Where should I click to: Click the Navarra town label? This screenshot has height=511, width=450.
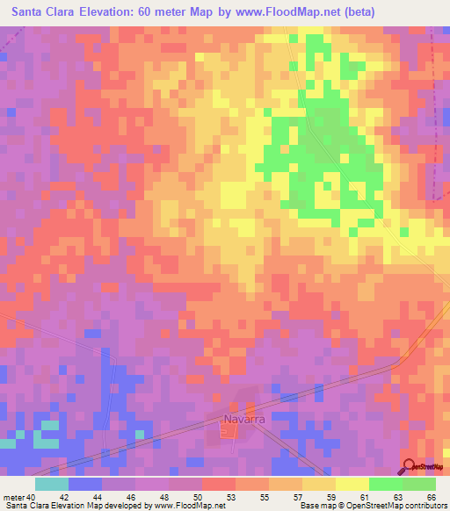pos(244,420)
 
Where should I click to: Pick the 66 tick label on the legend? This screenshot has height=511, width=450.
pos(430,496)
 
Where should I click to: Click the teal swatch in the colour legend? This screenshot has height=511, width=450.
pos(52,484)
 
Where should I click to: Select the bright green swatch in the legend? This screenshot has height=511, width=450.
pos(386,484)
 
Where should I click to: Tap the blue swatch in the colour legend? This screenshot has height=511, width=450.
pos(85,484)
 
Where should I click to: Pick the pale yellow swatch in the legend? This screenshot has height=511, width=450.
pos(352,484)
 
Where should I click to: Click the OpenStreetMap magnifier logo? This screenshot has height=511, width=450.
pos(409,466)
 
